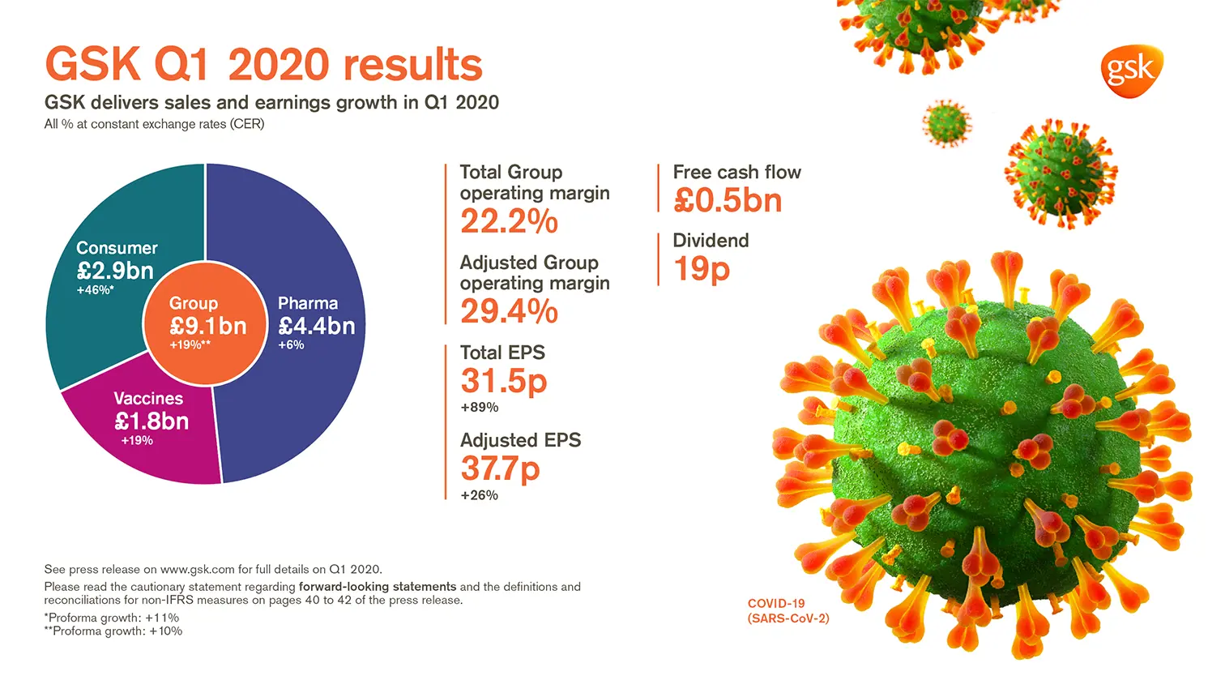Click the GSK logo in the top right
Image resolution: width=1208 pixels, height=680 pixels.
pos(1131,71)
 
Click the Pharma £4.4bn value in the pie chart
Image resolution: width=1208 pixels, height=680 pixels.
pos(317,326)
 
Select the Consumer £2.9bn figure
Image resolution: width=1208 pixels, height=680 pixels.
pos(115,271)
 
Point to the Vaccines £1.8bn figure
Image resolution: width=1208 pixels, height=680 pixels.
pos(152,421)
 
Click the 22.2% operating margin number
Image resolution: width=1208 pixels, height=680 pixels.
pos(509,221)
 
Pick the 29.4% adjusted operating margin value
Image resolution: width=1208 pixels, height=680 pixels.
pos(509,311)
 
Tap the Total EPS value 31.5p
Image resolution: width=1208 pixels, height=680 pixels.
pos(503,381)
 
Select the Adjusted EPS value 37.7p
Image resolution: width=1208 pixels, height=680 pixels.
pos(500,468)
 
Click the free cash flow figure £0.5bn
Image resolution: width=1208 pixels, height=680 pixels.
pos(727,201)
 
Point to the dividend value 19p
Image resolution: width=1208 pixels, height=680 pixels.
pos(701,269)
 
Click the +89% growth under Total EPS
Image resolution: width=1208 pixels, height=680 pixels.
pos(479,408)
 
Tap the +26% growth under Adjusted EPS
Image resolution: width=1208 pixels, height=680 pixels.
pos(479,495)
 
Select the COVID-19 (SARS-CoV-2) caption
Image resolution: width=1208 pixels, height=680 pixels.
pos(788,611)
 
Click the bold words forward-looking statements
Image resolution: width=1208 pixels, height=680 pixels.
pos(378,587)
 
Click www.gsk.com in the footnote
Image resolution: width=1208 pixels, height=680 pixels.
pos(197,570)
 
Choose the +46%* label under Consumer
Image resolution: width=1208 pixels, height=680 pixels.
pos(95,290)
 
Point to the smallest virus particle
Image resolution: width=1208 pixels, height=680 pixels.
pos(945,124)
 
